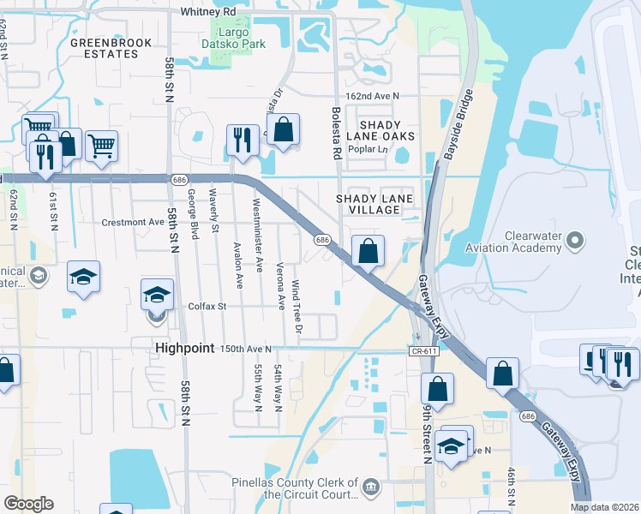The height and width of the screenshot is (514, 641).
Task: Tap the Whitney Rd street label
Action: (x=207, y=12)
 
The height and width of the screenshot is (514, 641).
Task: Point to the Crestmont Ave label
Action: (x=132, y=222)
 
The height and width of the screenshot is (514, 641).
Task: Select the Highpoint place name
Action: (x=183, y=348)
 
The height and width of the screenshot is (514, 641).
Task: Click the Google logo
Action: (x=28, y=504)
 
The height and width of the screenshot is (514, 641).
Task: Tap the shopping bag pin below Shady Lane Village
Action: (x=368, y=252)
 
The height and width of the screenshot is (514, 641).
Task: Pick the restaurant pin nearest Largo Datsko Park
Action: (x=243, y=140)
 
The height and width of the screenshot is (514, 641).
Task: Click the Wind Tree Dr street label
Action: (x=297, y=300)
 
